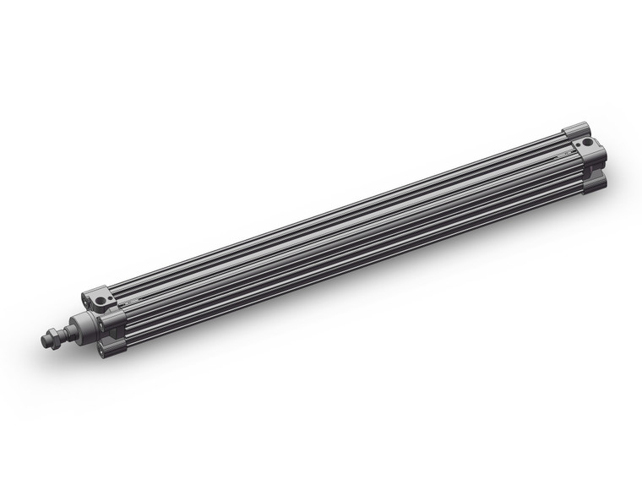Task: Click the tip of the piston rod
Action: click(x=43, y=341)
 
